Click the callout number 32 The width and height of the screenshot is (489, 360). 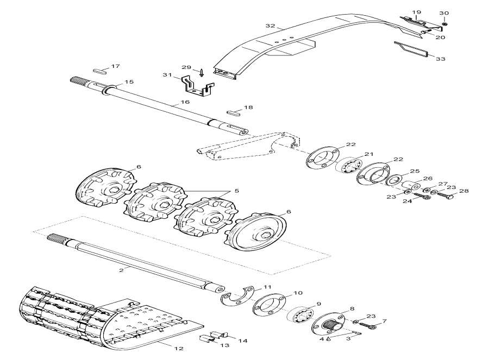click(271, 26)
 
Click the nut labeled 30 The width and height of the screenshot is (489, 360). click(444, 23)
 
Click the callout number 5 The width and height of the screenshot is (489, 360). click(236, 191)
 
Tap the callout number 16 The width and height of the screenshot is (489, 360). click(185, 102)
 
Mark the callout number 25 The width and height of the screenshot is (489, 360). click(415, 171)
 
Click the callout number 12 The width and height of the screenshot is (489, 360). click(178, 348)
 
